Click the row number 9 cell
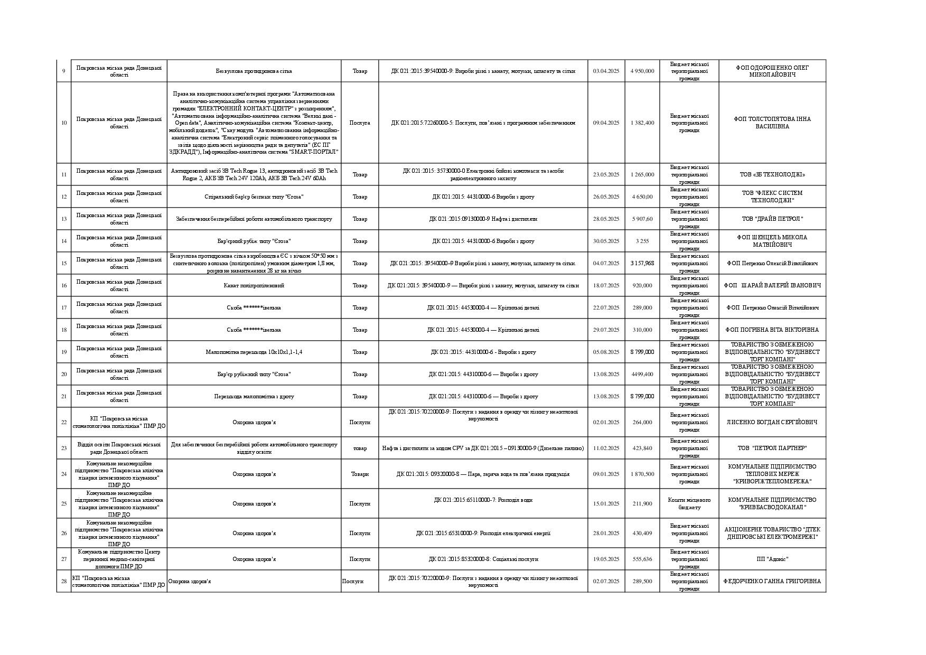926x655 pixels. point(64,71)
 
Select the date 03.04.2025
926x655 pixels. point(606,71)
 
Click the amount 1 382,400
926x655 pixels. point(642,123)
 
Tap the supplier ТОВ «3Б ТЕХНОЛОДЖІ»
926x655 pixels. point(772,174)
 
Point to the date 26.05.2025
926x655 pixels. point(606,196)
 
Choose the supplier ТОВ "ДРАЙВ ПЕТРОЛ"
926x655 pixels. point(772,219)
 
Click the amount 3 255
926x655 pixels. point(642,241)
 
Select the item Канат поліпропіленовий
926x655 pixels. point(254,285)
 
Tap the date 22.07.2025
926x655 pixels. point(606,307)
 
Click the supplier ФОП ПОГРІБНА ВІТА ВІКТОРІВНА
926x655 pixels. point(772,330)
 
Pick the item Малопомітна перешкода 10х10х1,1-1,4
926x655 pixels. point(254,352)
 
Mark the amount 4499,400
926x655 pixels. point(642,374)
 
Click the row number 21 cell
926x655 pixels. point(64,396)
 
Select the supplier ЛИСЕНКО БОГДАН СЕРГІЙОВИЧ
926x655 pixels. point(772,422)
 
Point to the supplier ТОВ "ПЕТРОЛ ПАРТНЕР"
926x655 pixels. point(772,448)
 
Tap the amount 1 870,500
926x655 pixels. point(642,474)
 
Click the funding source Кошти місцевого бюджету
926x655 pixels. point(689,503)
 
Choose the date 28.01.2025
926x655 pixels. point(606,533)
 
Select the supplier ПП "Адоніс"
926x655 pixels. point(772,559)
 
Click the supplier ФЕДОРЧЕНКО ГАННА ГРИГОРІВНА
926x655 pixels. point(772,581)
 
